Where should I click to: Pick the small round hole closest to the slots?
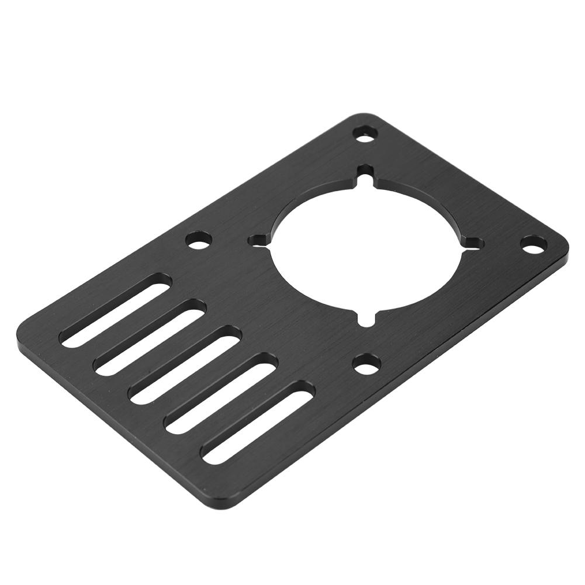(198, 240)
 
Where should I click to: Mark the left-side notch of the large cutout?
(257, 240)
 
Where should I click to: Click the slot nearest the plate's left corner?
(116, 311)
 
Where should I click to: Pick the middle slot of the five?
(186, 365)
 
